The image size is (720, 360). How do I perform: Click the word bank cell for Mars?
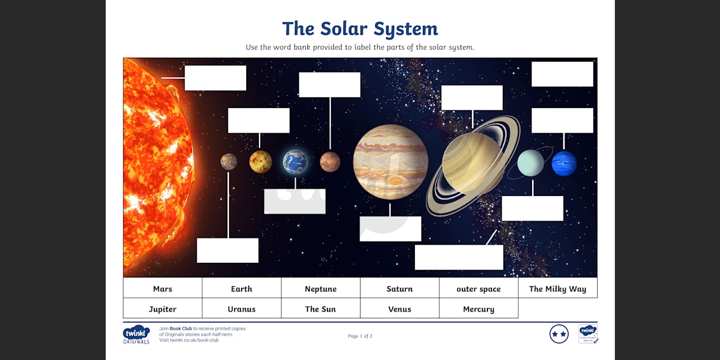(162, 289)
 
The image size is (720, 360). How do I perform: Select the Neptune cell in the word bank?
(321, 289)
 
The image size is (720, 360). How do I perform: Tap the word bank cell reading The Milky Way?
(557, 289)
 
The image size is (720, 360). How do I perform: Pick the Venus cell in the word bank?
(399, 309)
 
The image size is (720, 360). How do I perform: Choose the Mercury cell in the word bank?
(478, 309)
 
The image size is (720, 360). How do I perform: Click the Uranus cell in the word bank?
(242, 309)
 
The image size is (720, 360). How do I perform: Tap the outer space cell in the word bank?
(478, 289)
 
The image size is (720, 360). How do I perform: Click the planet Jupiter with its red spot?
(390, 162)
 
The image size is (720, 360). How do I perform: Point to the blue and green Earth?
(295, 162)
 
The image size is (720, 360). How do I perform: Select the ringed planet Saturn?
(473, 165)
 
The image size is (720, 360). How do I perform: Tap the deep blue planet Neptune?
(564, 163)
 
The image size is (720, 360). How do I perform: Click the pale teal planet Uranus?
(531, 163)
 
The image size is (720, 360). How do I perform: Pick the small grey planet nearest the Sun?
(229, 162)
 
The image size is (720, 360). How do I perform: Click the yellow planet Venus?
(261, 162)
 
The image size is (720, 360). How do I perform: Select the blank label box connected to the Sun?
(215, 78)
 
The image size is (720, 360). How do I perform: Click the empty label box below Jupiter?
(390, 229)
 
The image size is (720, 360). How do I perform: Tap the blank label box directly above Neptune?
(562, 121)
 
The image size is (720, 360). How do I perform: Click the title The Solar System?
(360, 29)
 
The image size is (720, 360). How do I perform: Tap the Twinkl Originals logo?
(136, 334)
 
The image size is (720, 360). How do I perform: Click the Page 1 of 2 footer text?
(360, 336)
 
